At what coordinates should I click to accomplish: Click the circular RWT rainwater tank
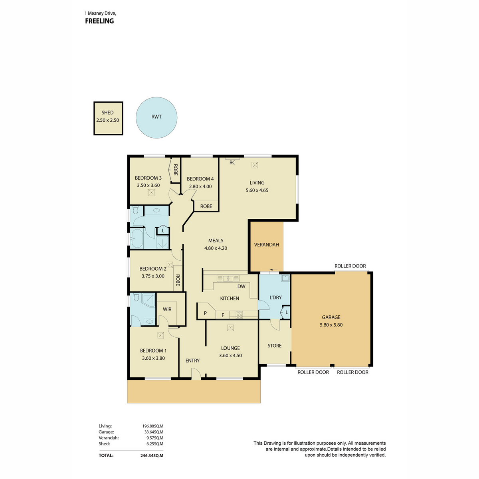156,118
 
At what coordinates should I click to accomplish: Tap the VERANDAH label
267,245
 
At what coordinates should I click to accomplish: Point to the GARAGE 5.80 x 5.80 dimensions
331,325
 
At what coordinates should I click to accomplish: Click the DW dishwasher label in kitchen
241,286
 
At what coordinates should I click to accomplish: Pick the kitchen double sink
228,278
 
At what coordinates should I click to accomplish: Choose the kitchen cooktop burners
239,315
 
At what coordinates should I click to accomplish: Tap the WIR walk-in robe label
167,309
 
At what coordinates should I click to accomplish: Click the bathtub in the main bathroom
137,239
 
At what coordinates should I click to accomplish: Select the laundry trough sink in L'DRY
286,278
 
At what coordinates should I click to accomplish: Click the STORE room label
274,346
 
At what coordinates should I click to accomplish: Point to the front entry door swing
196,374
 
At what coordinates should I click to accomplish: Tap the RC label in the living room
232,162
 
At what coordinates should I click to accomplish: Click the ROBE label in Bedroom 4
206,206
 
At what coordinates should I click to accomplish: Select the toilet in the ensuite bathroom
136,297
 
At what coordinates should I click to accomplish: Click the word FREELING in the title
99,21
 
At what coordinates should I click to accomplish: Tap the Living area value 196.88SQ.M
152,426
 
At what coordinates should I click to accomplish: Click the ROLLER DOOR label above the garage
350,266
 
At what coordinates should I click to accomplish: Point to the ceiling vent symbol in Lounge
230,328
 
